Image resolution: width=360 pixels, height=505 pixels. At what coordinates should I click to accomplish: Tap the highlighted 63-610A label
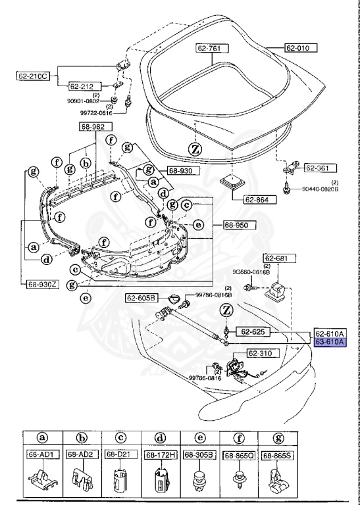pos(330,342)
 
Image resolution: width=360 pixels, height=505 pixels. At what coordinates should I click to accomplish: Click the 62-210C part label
pos(32,76)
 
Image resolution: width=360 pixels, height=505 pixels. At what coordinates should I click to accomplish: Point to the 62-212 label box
pos(84,85)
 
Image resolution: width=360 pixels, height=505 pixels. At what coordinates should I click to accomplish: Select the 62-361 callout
pos(319,168)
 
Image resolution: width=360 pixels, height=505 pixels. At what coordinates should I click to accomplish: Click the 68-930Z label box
pos(43,284)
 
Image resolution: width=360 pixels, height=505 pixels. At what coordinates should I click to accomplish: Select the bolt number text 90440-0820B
pos(321,189)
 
